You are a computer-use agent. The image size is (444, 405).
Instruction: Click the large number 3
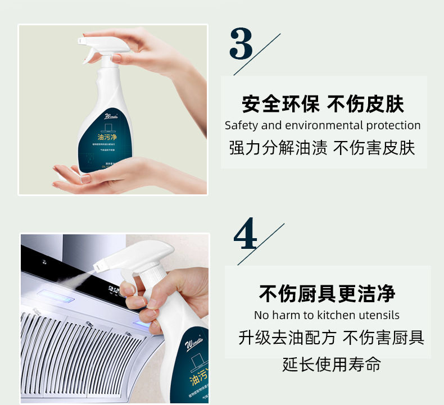(241, 45)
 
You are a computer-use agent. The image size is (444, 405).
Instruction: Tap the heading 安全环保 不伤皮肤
(323, 104)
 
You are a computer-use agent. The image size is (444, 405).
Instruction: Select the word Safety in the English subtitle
(241, 125)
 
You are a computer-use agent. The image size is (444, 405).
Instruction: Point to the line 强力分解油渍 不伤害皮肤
(323, 148)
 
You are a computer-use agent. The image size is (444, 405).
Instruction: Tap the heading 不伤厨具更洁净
(327, 293)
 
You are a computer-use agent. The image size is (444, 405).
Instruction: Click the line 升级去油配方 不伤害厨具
(331, 338)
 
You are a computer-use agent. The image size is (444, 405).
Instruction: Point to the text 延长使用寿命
(331, 364)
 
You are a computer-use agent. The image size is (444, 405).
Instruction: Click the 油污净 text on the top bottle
(108, 136)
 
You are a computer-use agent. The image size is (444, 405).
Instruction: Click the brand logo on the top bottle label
(112, 117)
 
